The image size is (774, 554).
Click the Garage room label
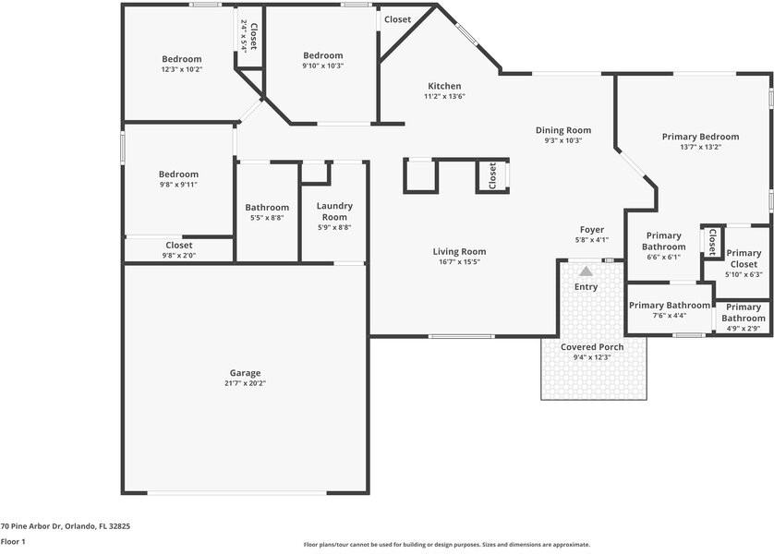(245, 373)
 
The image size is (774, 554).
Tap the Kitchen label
(443, 86)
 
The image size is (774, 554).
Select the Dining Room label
(562, 130)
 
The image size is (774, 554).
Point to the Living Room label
(459, 251)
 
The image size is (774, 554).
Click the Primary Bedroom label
(700, 137)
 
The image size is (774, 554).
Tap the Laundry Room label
(333, 211)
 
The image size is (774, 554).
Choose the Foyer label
(591, 230)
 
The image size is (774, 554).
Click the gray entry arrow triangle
(586, 271)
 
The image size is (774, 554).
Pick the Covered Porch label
(592, 347)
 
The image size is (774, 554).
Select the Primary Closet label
(744, 259)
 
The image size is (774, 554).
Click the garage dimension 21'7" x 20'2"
(245, 383)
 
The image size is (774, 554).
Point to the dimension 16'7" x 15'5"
(459, 261)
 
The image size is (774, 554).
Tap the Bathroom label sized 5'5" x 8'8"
(267, 208)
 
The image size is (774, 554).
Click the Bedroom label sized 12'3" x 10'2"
(181, 59)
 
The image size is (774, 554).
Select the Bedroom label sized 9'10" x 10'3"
(322, 55)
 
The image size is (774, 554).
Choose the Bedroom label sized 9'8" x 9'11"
(178, 175)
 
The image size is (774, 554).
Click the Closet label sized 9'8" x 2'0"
(178, 246)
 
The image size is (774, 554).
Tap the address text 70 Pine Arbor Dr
(65, 526)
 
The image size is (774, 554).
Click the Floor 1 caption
(13, 542)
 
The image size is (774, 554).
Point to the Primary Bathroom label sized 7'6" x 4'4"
(670, 306)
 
